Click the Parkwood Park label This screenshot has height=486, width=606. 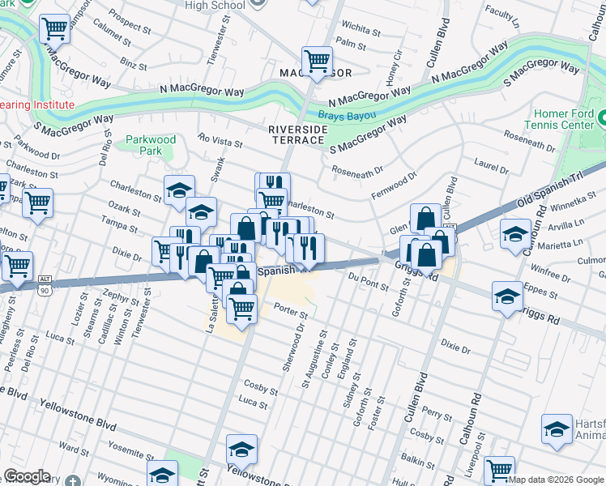(x=151, y=145)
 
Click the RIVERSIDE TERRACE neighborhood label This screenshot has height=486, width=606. (x=301, y=134)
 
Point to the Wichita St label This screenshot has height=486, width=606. (x=360, y=30)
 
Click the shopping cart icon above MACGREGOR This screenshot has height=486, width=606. (x=317, y=59)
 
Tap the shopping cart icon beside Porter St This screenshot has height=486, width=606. (x=241, y=307)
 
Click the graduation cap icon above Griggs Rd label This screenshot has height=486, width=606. (x=507, y=296)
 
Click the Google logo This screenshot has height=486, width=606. (x=27, y=476)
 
